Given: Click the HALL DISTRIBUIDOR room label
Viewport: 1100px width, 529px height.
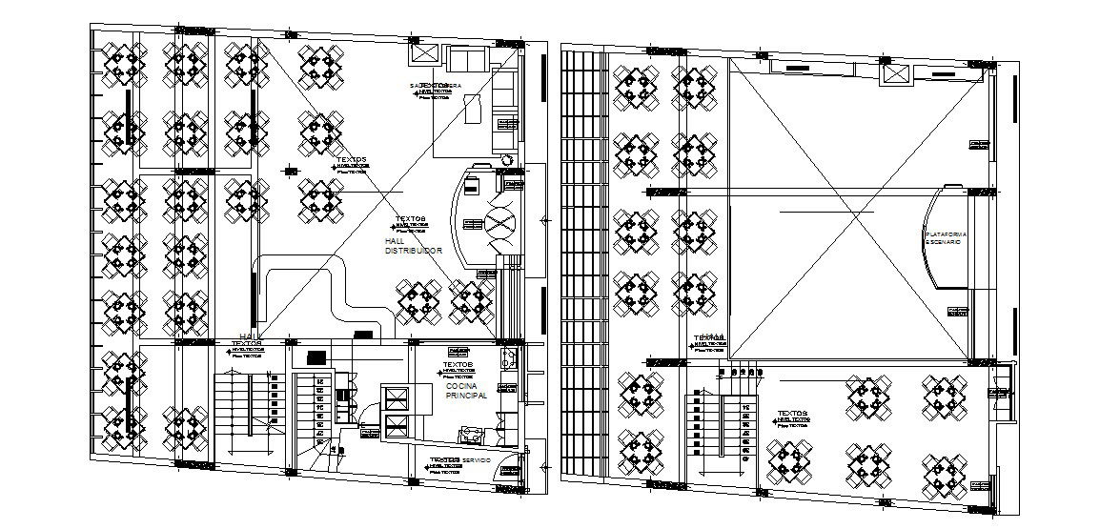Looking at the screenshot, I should (413, 246).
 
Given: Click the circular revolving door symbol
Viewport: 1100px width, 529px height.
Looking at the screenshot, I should (500, 226).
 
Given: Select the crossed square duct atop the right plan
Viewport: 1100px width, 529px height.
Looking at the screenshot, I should (892, 74).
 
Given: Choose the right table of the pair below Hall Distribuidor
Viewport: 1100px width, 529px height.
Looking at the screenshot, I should (472, 300).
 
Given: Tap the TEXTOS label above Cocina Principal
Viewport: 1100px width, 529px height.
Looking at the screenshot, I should (458, 364).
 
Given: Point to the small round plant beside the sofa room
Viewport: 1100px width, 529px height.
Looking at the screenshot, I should (507, 160).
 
